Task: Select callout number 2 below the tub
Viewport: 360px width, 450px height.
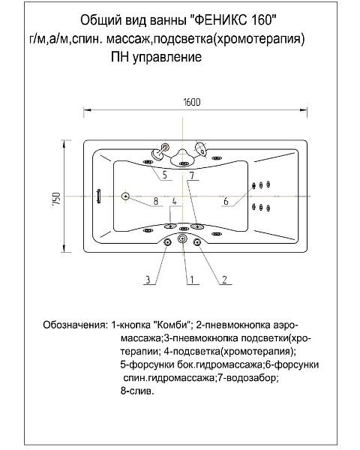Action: (x=223, y=280)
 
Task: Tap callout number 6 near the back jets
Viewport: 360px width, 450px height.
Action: (x=226, y=201)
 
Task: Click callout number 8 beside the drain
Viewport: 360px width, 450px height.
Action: (x=154, y=201)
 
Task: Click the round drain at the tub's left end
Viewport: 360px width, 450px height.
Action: (x=125, y=196)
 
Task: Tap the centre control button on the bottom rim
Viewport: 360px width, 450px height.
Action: (x=181, y=239)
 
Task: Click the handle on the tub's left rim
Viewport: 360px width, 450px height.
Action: (x=97, y=196)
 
